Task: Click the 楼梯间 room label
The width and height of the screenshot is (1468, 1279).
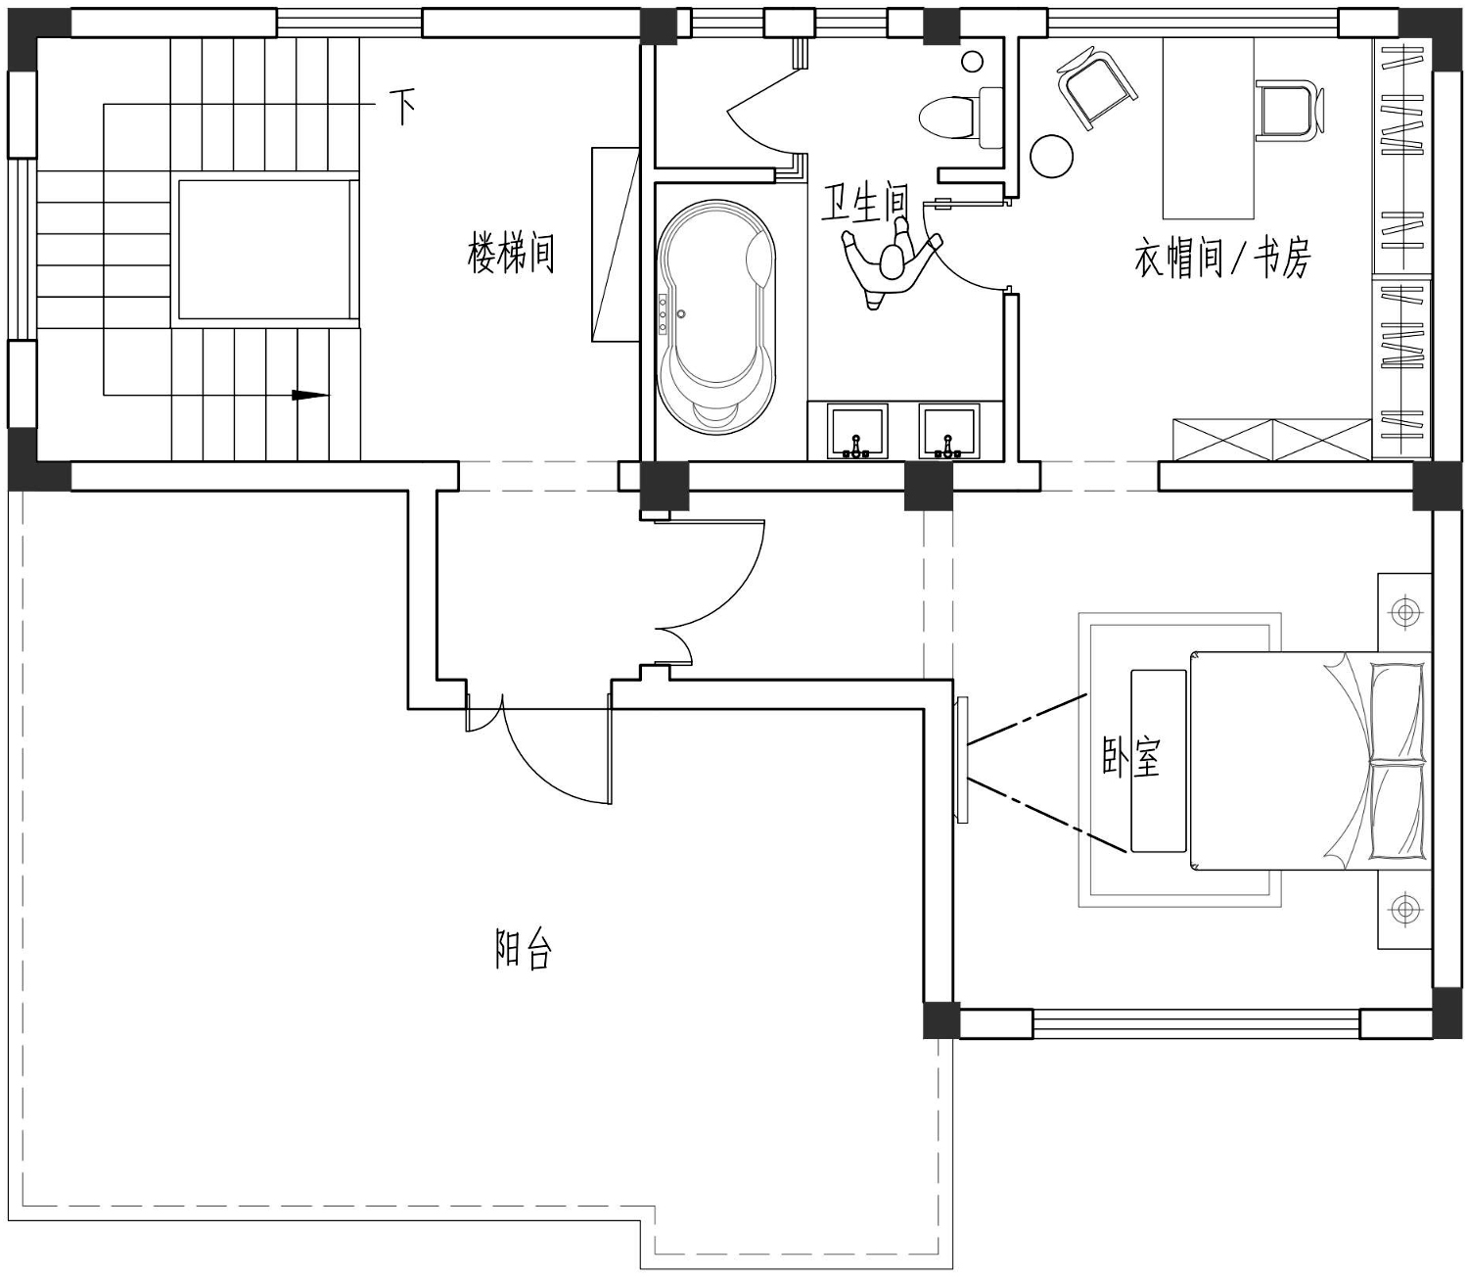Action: click(511, 253)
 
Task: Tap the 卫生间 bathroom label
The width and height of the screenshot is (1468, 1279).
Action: click(865, 203)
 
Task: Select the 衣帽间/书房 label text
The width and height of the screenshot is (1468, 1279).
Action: click(1222, 259)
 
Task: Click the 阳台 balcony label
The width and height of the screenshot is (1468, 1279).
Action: click(524, 950)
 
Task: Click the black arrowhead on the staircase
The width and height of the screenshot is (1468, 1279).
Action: click(310, 395)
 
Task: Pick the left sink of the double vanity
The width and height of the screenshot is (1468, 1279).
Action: click(857, 431)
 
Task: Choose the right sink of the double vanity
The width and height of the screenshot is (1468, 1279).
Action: click(949, 431)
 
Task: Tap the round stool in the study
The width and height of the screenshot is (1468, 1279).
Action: click(1052, 156)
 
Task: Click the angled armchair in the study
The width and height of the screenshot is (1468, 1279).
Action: click(1097, 87)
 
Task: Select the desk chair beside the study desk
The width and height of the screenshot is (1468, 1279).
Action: click(1289, 110)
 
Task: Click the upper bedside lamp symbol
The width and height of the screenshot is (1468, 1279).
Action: click(1404, 612)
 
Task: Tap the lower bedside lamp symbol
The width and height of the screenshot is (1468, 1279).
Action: click(1404, 910)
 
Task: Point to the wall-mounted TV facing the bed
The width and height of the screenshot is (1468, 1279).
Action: click(961, 760)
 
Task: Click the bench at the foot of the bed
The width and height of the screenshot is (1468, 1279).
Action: click(1158, 761)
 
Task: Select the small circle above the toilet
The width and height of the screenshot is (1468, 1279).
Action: click(972, 62)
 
